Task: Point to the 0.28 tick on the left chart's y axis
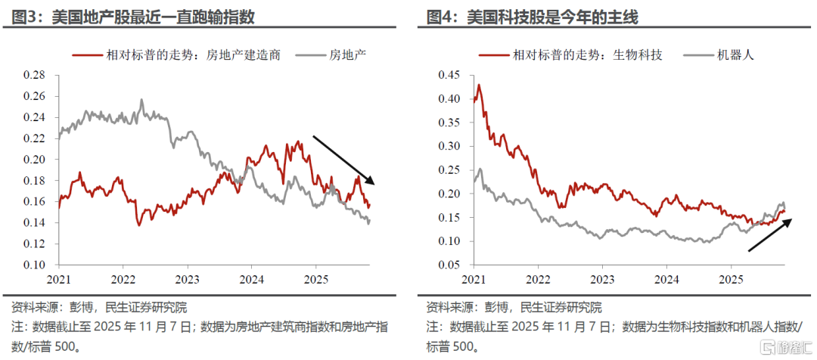(x=34, y=75)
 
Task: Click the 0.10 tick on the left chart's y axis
(x=34, y=265)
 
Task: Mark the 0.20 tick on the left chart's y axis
(x=34, y=160)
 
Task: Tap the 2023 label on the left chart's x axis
(x=187, y=279)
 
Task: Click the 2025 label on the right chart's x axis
(x=730, y=279)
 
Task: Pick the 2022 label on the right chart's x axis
(x=538, y=279)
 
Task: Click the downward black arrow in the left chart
(x=344, y=160)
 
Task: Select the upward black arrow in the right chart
(x=771, y=234)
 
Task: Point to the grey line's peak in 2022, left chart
(x=141, y=100)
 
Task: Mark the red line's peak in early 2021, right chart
(x=478, y=85)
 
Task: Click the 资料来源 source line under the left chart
(x=99, y=308)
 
